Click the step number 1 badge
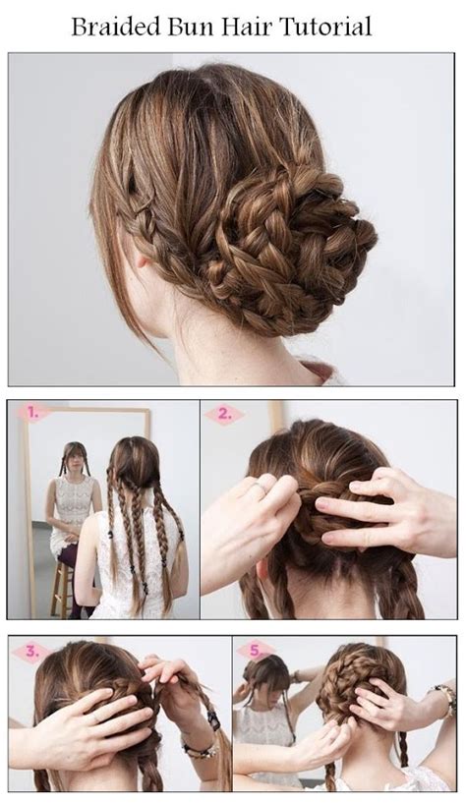click(31, 413)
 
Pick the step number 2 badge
click(223, 415)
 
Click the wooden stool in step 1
click(61, 585)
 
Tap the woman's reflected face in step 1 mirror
click(73, 460)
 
